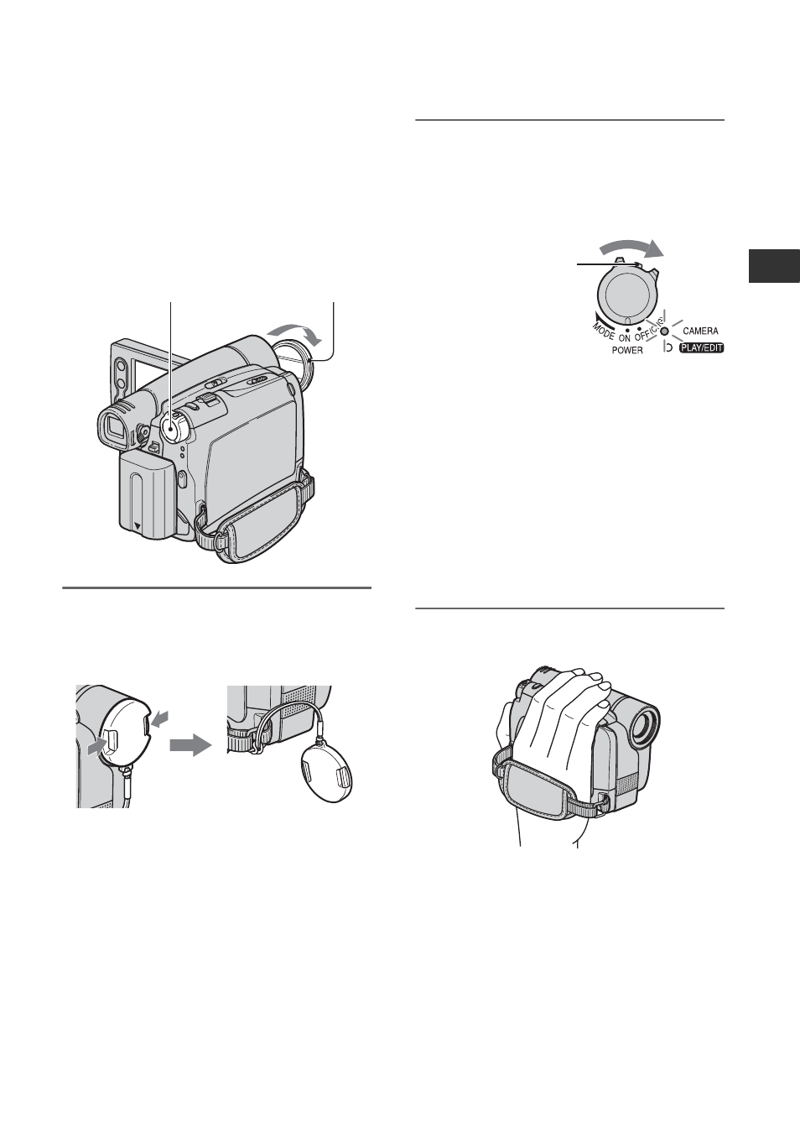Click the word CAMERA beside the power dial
700,331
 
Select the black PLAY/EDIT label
701,348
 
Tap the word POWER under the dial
627,350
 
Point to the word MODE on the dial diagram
603,329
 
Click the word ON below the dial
625,337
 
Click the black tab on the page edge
774,266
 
